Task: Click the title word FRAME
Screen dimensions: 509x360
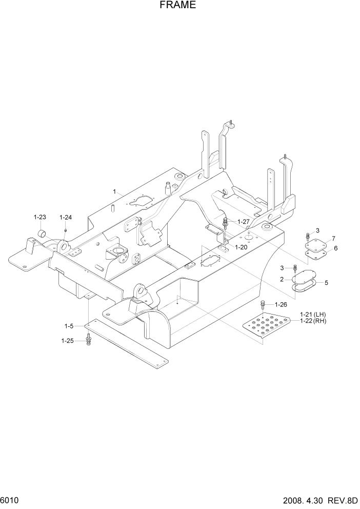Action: (x=179, y=6)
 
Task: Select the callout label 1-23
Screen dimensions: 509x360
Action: (x=40, y=217)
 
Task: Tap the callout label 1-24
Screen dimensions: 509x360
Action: (x=66, y=217)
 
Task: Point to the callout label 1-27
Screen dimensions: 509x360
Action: (x=243, y=222)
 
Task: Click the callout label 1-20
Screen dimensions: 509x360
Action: (x=242, y=247)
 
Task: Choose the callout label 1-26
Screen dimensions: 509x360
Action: (x=282, y=304)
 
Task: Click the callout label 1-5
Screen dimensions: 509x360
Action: (x=69, y=326)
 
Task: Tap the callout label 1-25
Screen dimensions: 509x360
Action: (x=68, y=340)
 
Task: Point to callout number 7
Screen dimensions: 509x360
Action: (x=333, y=239)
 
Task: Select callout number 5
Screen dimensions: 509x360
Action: (x=326, y=282)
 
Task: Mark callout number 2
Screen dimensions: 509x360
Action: (x=282, y=279)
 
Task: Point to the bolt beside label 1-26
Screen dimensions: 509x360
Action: (x=263, y=305)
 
